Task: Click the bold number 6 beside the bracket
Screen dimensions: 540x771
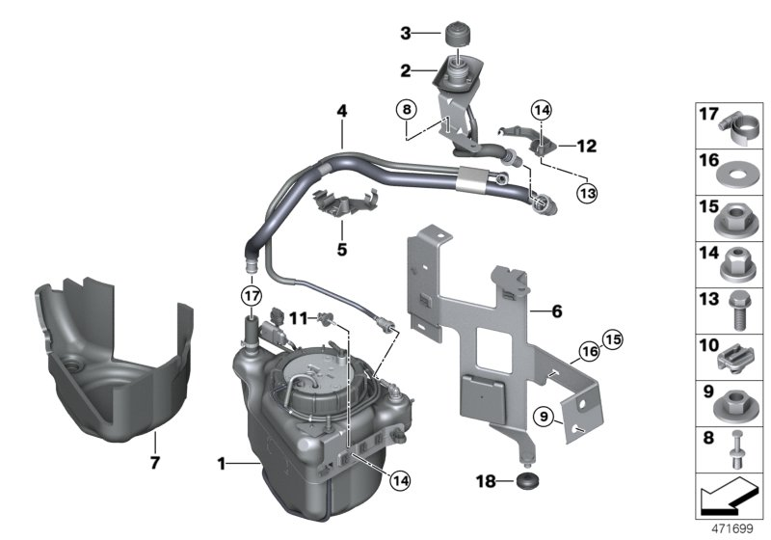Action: [x=556, y=311]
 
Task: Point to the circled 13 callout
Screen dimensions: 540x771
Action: [x=587, y=193]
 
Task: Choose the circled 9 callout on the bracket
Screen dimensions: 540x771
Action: [x=544, y=418]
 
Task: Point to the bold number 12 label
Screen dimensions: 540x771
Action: [x=586, y=147]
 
